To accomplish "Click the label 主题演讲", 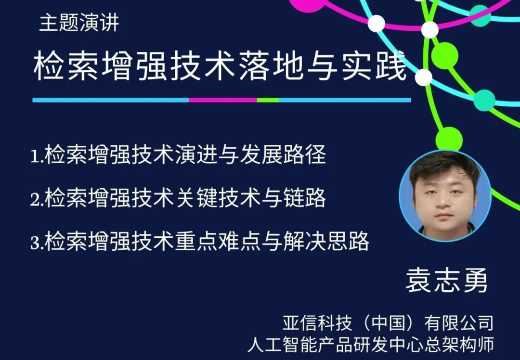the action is coord(79,23).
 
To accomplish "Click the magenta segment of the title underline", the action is coord(223,100).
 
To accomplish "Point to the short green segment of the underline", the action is coord(268,100).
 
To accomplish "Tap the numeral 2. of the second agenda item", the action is coord(37,199).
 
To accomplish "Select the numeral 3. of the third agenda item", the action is coord(37,242).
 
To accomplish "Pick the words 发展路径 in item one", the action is coord(283,154).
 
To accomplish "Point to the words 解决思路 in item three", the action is coord(326,241).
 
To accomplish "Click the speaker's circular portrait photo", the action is coord(445,195).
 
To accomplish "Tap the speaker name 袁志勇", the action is coord(446,281).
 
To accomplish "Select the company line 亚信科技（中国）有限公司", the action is coord(388,322).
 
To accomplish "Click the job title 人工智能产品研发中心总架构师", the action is coord(371,344).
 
